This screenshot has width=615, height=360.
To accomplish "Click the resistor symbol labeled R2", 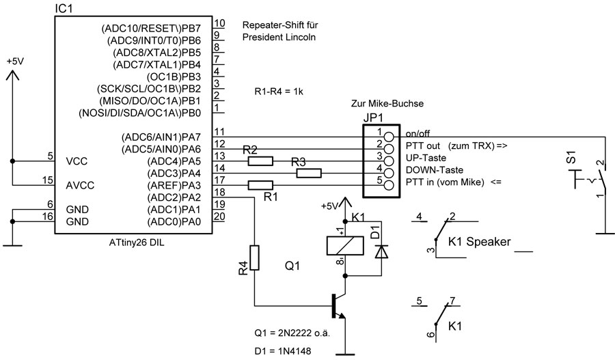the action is [260, 161].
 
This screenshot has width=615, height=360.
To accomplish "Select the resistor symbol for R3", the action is [309, 174].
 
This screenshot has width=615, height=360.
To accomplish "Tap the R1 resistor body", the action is [260, 186].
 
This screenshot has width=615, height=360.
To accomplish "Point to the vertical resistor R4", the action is [255, 258].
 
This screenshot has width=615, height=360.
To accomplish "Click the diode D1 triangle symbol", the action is [381, 251].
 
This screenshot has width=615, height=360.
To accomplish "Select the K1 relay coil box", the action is [345, 246].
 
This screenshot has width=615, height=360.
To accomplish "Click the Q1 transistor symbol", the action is [338, 307].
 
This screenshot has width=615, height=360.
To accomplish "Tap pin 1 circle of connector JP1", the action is [389, 137].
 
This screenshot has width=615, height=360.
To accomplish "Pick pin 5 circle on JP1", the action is [389, 185].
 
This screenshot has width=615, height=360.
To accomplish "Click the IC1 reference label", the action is [64, 9].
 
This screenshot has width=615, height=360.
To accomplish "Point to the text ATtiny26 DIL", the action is [137, 243].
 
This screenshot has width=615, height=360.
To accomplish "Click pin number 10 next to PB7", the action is [219, 23].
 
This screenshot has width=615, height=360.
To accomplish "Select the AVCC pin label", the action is [80, 186].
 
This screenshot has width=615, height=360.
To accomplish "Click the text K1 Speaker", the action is [479, 242].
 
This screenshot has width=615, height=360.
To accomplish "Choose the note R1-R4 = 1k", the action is [279, 92].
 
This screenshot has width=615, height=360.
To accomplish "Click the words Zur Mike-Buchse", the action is [387, 104].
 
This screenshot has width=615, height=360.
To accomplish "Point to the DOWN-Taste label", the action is [434, 170].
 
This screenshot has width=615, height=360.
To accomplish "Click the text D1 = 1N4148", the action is [283, 351].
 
